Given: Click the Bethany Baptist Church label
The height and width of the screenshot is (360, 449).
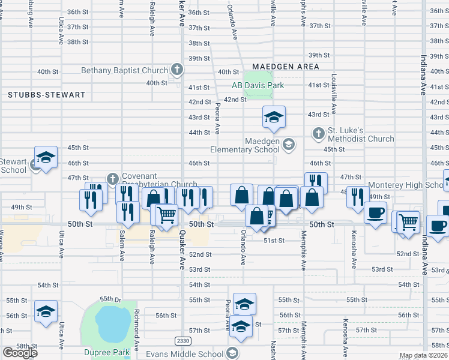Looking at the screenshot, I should click(x=124, y=71).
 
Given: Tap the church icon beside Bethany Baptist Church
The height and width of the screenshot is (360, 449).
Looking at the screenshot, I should click(x=176, y=70).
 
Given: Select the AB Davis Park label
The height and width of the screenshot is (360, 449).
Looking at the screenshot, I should click(x=258, y=85).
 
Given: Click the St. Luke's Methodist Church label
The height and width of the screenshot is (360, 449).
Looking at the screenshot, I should click(x=360, y=134).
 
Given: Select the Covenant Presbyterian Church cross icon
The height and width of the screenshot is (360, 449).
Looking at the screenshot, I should click(x=112, y=178).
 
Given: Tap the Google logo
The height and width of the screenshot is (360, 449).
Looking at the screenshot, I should click(x=20, y=353).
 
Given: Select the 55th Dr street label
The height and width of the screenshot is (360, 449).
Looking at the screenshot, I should click(x=110, y=299).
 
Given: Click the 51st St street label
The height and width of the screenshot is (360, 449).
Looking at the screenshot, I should click(x=273, y=240).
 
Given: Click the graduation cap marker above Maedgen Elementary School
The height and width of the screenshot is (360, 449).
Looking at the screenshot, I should click(x=274, y=117).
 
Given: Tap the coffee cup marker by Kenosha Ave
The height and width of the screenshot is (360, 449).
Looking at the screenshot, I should click(x=375, y=213).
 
